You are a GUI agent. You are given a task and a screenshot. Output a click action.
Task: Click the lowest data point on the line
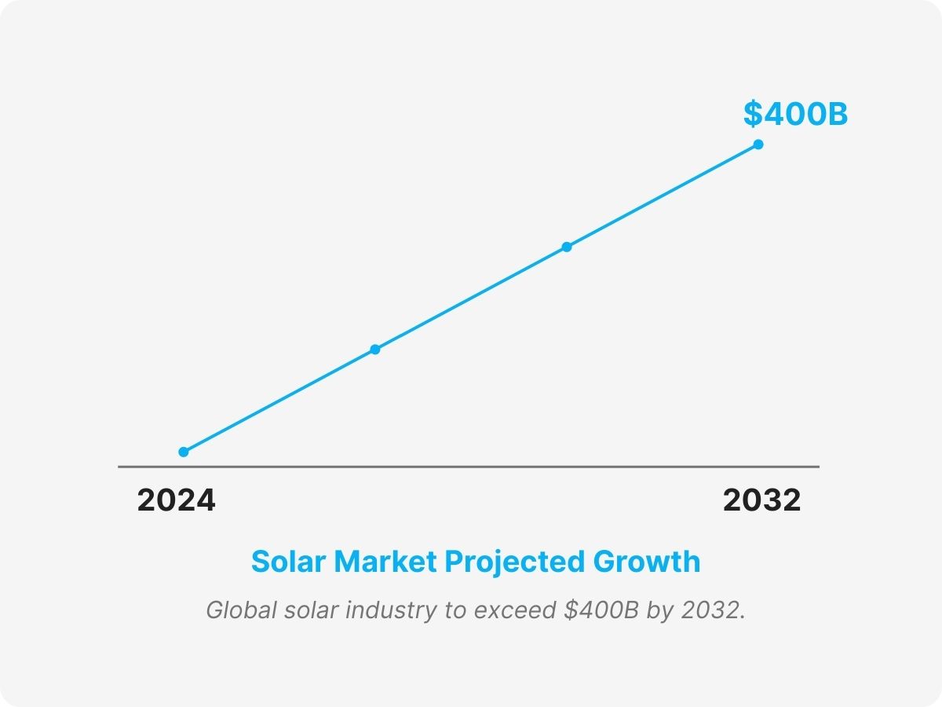[184, 452]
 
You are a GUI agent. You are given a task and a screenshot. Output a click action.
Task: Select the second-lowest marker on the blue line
[375, 349]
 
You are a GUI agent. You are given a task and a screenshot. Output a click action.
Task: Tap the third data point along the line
[567, 247]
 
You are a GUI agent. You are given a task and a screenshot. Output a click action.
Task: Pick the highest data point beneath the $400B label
[758, 145]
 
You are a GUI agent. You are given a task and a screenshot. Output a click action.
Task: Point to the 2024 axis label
[176, 500]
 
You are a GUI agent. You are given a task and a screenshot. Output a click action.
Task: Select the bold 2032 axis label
[761, 500]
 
